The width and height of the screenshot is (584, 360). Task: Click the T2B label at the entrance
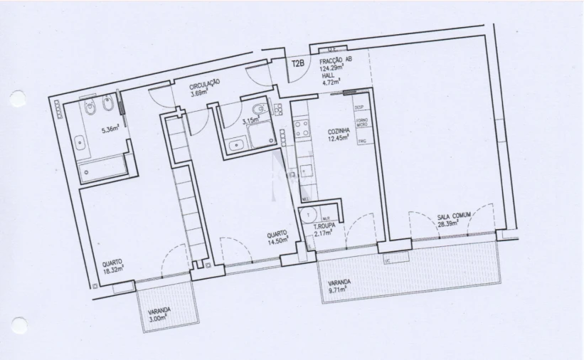coord(299,63)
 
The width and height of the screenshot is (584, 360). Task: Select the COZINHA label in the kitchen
coord(338,132)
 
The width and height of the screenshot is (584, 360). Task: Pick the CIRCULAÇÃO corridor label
coord(204,84)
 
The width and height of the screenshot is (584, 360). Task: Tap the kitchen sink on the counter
coord(305,171)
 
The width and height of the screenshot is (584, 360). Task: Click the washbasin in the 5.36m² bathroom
coord(80,142)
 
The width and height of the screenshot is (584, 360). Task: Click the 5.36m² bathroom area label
coord(110,130)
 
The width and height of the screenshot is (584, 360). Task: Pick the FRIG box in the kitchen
coord(361,141)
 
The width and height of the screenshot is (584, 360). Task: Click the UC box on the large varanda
coord(388,262)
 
